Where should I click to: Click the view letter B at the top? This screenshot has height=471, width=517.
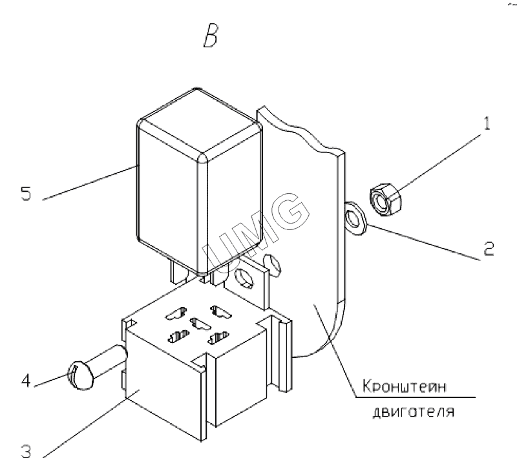coord(209,38)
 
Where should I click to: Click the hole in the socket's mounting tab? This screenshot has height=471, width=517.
coord(244,280)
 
